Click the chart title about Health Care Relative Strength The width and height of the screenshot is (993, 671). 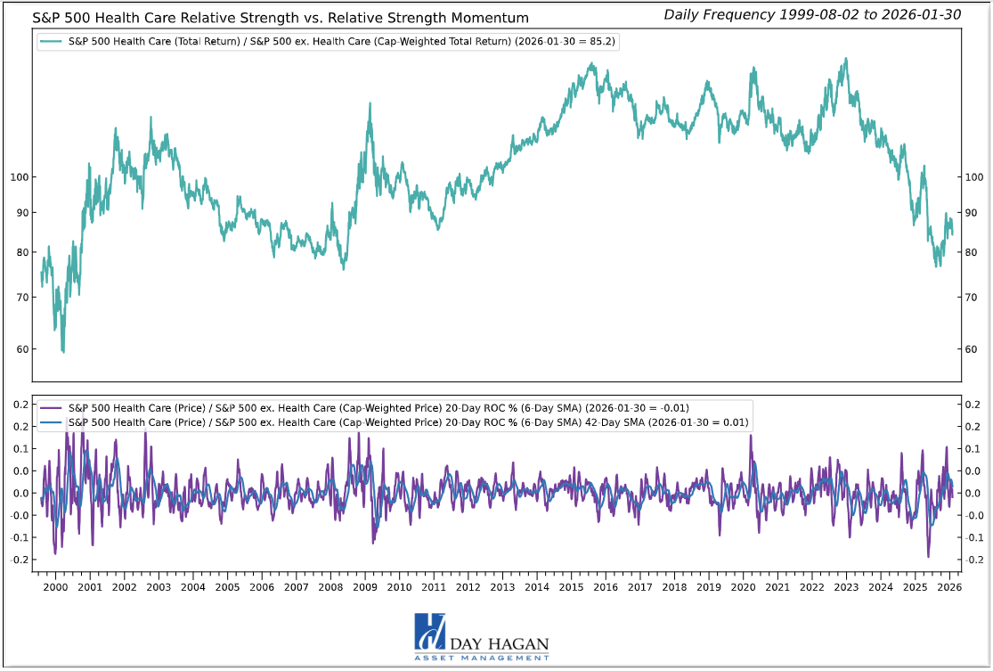(x=281, y=18)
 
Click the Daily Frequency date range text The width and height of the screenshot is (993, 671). (x=812, y=14)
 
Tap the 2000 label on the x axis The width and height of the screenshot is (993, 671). (x=55, y=588)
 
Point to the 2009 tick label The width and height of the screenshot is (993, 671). (x=365, y=588)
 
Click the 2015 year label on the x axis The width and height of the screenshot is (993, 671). (x=571, y=588)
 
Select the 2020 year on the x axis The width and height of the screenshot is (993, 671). (x=743, y=588)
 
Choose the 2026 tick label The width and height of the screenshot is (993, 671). (x=949, y=588)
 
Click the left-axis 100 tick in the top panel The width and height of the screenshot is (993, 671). (x=18, y=177)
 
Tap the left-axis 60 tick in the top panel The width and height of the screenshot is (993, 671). (x=20, y=348)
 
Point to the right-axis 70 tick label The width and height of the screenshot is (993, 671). (x=973, y=297)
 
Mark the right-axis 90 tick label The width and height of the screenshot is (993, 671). (x=973, y=213)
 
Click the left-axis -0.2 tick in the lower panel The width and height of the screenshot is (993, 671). (x=16, y=560)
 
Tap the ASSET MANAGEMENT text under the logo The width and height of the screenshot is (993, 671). (x=482, y=658)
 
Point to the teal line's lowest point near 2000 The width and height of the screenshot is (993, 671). (x=62, y=352)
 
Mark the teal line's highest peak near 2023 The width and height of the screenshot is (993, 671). (x=843, y=59)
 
